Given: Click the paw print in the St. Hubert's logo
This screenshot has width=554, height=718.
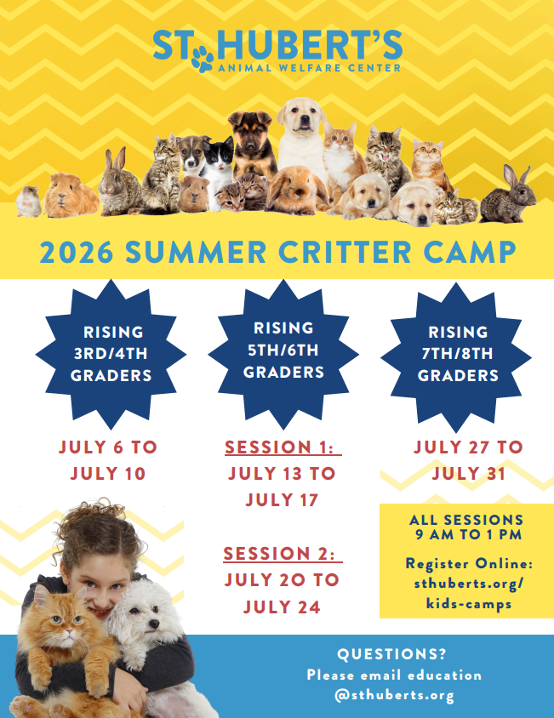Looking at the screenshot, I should pyautogui.click(x=203, y=58).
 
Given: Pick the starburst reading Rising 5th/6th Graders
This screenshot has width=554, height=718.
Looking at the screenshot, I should pyautogui.click(x=283, y=350).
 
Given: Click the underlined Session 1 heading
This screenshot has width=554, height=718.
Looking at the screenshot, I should pyautogui.click(x=283, y=447).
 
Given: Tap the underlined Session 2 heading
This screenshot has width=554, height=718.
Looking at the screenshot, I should pyautogui.click(x=283, y=555).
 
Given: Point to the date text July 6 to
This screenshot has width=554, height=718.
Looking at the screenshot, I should pyautogui.click(x=108, y=447).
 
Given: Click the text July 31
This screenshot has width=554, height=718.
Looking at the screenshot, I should pyautogui.click(x=469, y=474).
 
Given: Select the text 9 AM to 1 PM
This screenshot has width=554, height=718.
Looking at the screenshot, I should pyautogui.click(x=466, y=535).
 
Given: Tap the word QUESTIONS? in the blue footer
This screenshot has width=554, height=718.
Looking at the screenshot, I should pyautogui.click(x=392, y=654).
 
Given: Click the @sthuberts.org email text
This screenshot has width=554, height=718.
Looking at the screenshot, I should pyautogui.click(x=394, y=695).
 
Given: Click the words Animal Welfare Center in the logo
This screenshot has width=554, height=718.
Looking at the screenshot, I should pyautogui.click(x=310, y=66).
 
